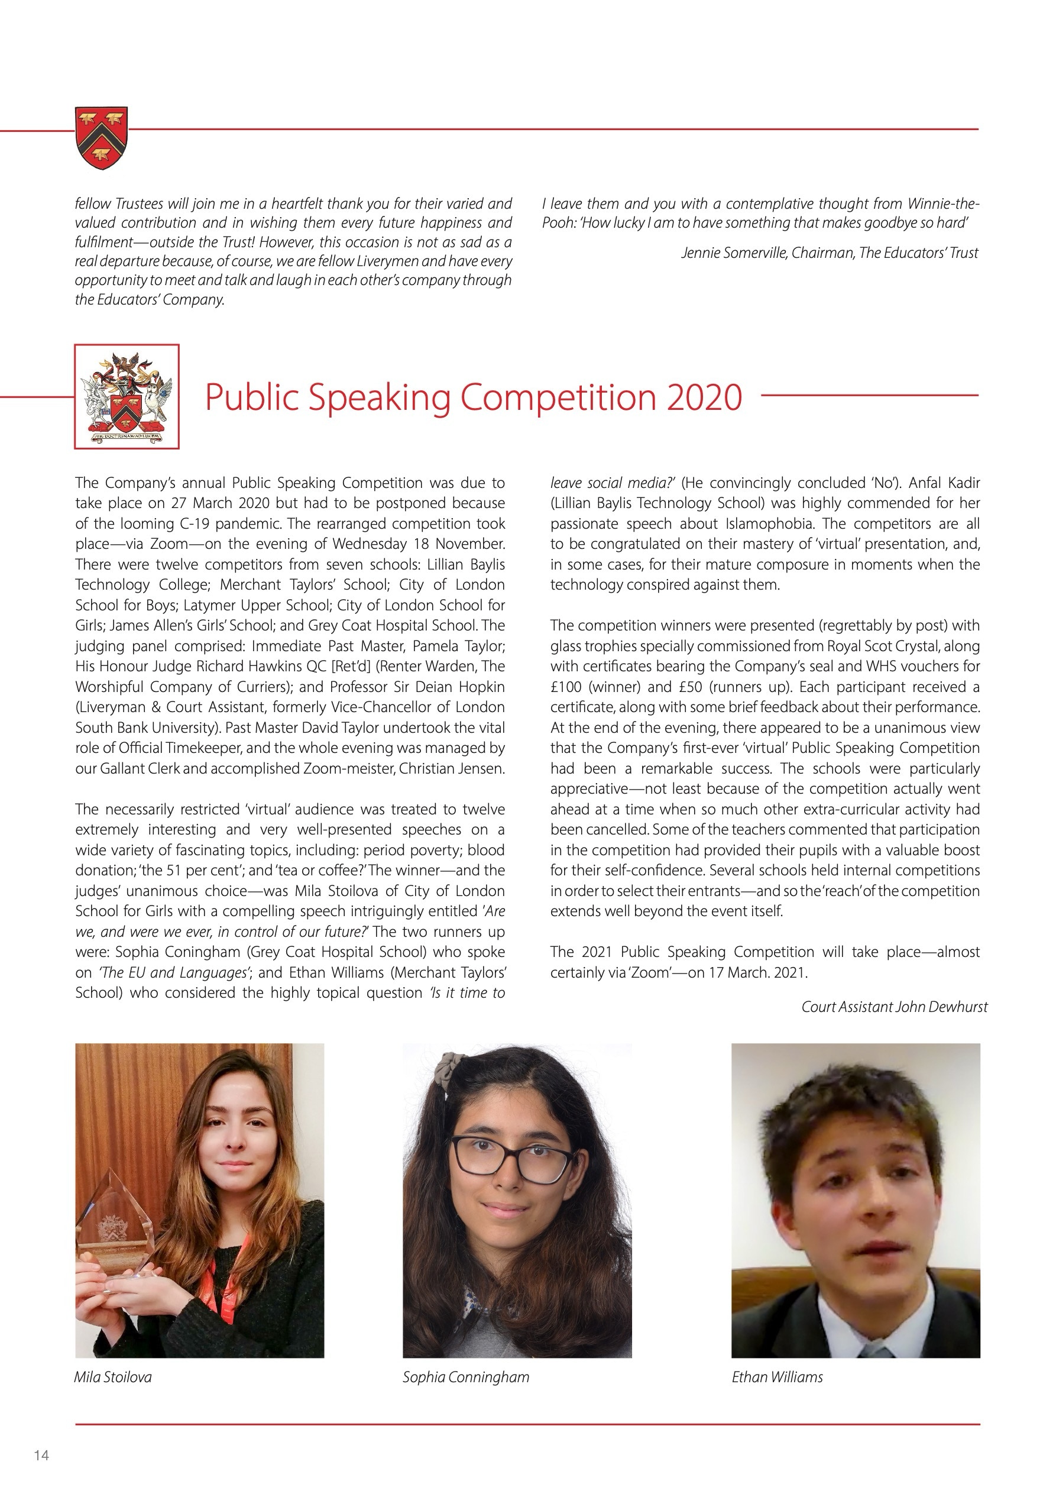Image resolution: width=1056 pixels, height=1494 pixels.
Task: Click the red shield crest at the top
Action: (x=102, y=137)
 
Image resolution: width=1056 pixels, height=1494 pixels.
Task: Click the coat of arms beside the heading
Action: (x=127, y=397)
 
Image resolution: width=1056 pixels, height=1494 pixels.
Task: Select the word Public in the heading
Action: (x=251, y=397)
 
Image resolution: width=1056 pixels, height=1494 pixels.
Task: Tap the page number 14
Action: (x=41, y=1455)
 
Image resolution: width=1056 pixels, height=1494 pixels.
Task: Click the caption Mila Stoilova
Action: (x=112, y=1377)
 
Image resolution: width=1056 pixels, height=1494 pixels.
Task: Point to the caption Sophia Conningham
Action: (x=466, y=1377)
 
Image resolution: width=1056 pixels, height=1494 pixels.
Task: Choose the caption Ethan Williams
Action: (x=777, y=1377)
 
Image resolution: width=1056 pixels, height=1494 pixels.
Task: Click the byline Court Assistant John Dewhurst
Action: (x=894, y=1007)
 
